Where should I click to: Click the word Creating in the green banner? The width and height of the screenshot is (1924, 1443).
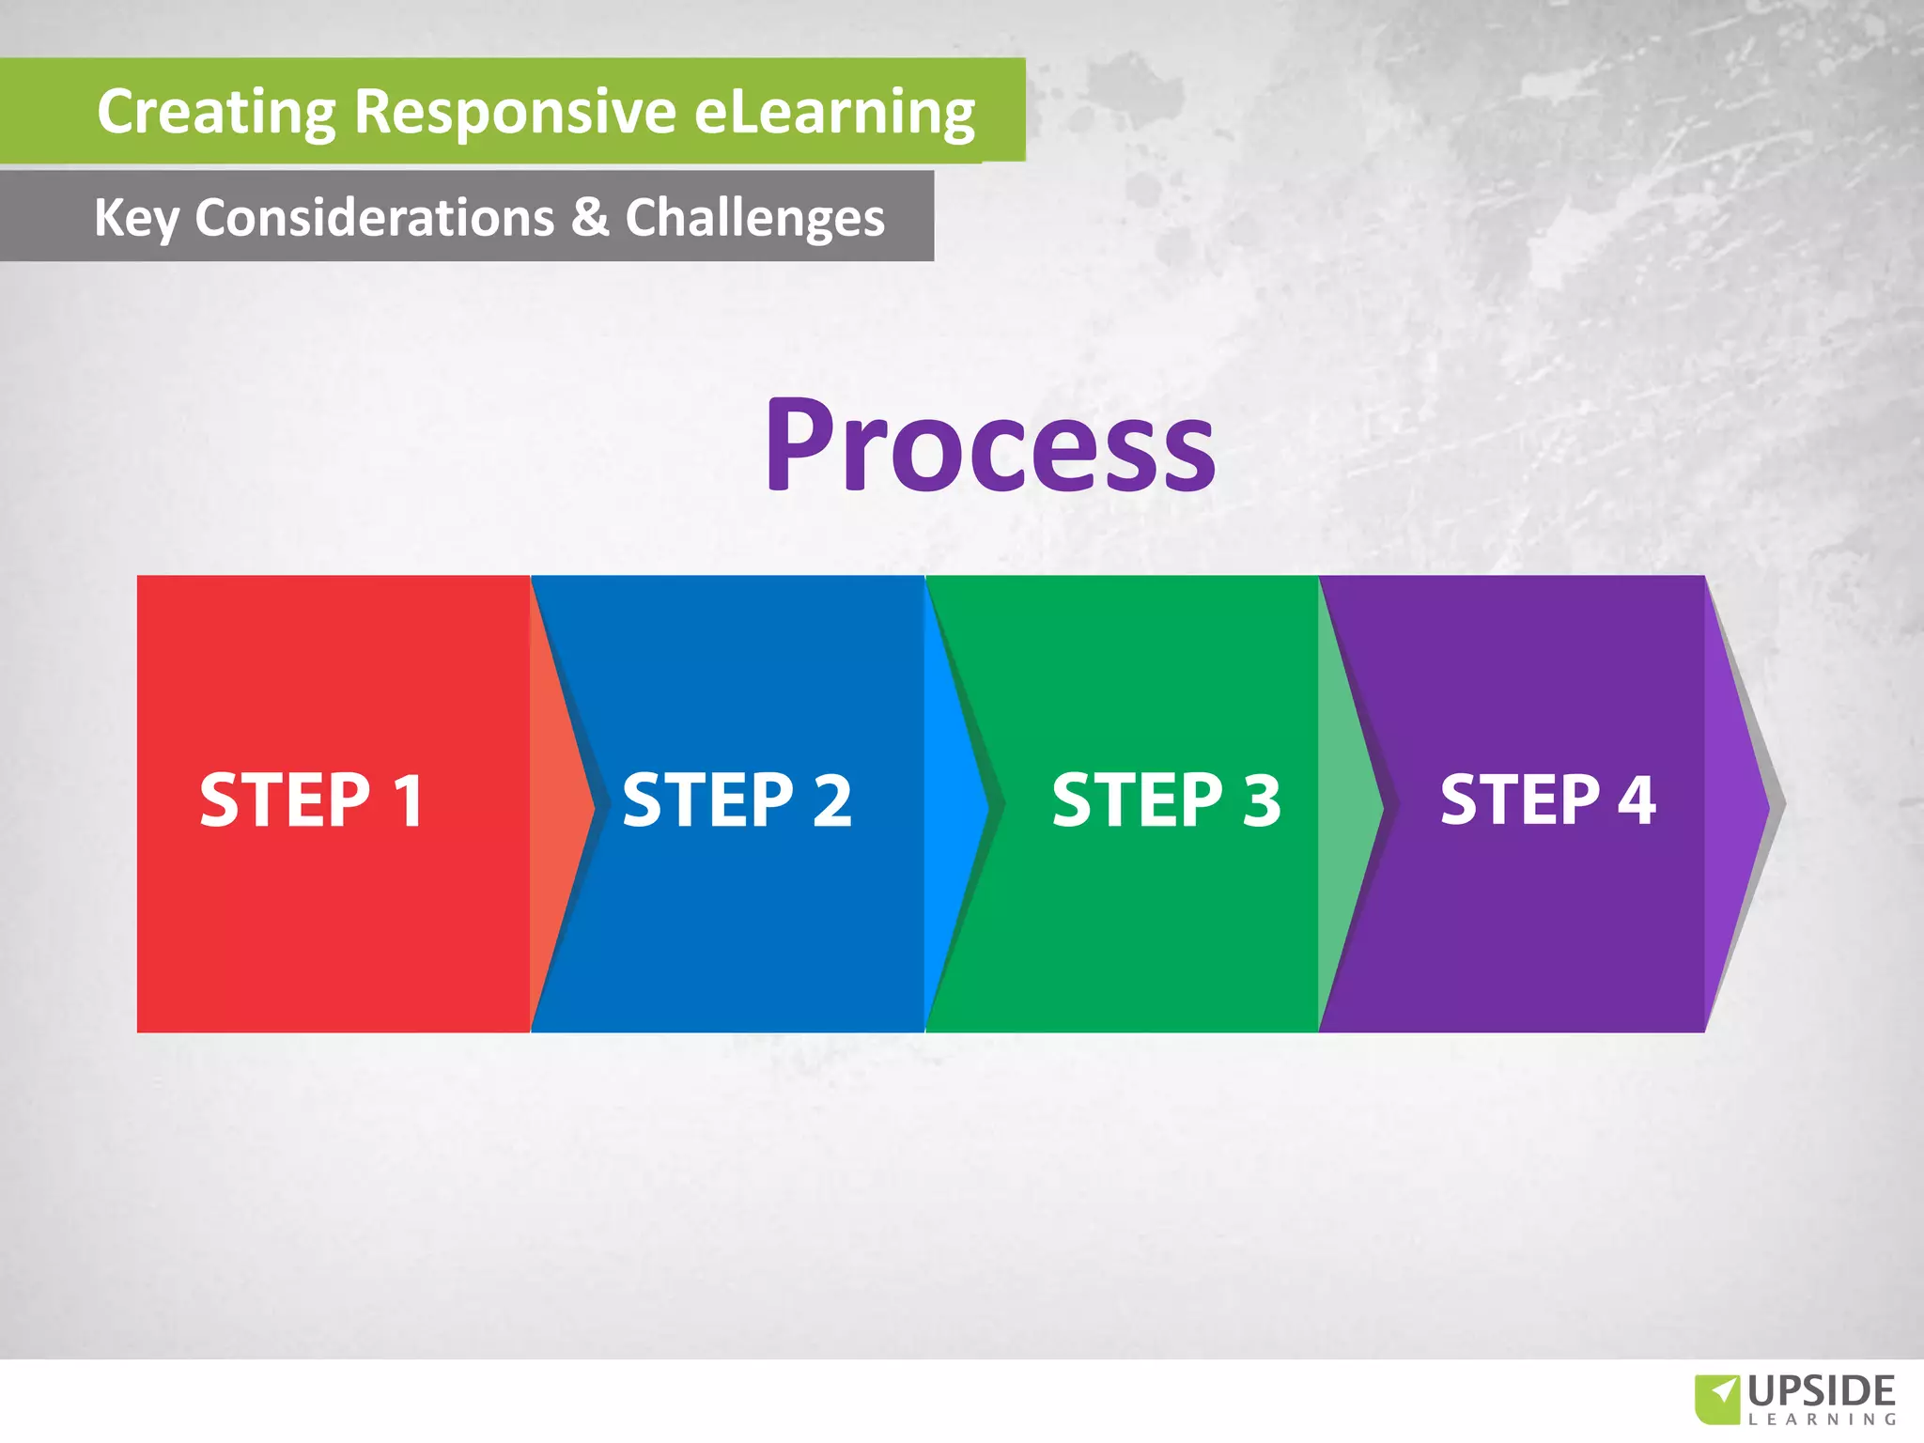pos(216,112)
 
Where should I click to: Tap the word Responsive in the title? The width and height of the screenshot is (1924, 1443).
pos(515,112)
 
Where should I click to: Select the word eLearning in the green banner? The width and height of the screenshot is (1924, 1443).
pos(834,112)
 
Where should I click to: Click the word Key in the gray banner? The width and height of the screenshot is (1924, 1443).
pos(135,218)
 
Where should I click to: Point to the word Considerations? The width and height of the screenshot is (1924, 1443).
pos(374,217)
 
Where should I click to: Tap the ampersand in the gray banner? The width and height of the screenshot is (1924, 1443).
pos(590,217)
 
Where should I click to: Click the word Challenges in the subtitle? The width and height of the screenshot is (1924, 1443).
pos(754,218)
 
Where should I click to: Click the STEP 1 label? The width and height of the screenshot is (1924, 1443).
pos(312,800)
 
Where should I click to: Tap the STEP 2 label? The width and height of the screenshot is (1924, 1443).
pos(737,800)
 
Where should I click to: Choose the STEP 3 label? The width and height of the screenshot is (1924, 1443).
pos(1166,800)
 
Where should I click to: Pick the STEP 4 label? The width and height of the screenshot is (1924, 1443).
pos(1547,800)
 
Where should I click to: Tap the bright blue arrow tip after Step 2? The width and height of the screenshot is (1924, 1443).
pos(950,803)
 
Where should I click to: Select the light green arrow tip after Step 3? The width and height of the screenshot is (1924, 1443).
pos(1344,803)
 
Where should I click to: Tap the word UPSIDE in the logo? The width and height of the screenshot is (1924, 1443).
pos(1822,1391)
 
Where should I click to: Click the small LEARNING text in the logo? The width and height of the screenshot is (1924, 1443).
pos(1822,1420)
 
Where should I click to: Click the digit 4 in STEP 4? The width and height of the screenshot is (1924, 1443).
pos(1637,800)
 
